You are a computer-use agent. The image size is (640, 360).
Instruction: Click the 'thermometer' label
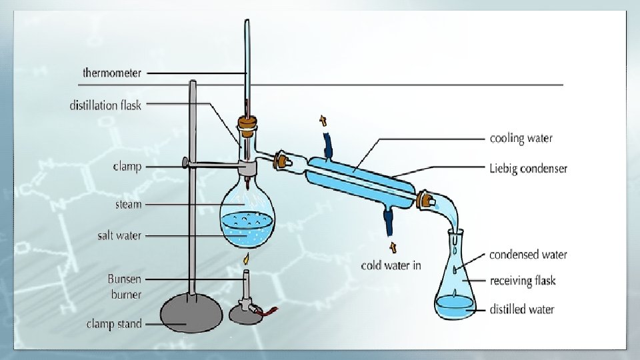[x=111, y=72]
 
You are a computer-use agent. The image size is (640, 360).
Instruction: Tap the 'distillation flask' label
[x=105, y=105]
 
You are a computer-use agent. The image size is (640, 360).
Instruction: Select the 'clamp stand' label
[x=114, y=324]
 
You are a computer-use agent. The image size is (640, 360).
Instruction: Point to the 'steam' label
[x=129, y=204]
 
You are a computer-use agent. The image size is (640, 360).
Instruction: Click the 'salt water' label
[x=119, y=235]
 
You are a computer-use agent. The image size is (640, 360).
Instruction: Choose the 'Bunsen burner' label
[x=125, y=286]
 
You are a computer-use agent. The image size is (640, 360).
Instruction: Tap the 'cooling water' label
[x=521, y=139]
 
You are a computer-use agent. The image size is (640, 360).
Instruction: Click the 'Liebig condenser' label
[x=528, y=169]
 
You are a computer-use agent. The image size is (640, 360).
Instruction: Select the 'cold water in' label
[x=391, y=265]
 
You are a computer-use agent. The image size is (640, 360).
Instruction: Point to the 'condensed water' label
[x=528, y=255]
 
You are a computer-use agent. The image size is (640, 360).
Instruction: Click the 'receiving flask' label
[x=522, y=281]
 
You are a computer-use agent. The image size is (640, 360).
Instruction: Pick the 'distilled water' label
[x=522, y=309]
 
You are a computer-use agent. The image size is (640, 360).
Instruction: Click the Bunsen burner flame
[x=246, y=258]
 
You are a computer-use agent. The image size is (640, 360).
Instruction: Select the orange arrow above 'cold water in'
[x=391, y=247]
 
